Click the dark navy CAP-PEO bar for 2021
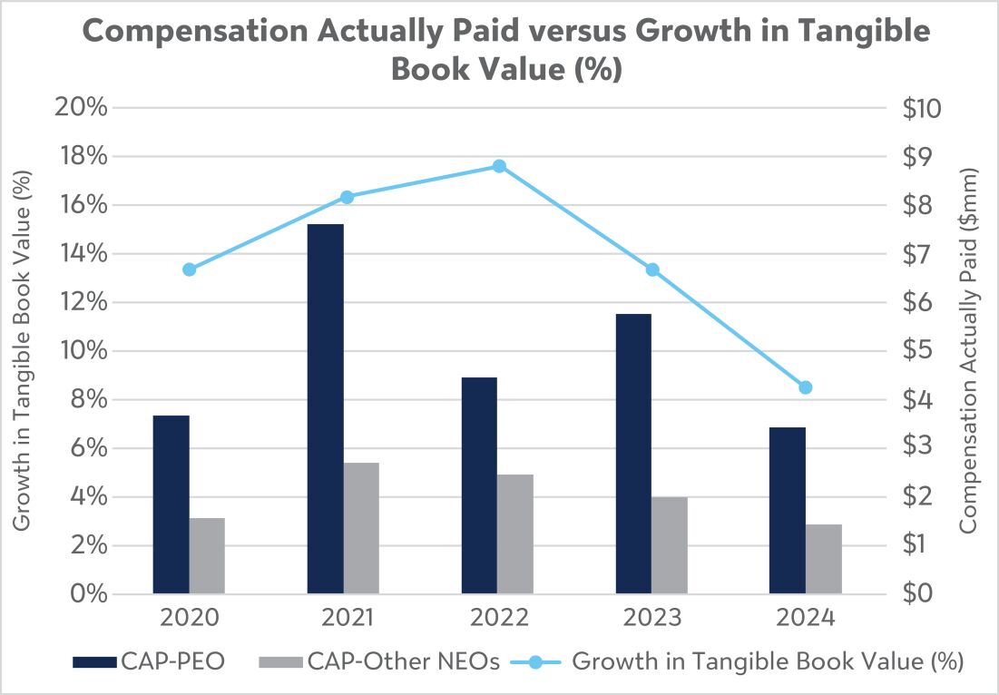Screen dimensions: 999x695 [x=325, y=409]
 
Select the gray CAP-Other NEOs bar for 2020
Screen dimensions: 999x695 [x=207, y=556]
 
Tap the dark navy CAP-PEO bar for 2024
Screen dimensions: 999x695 [x=788, y=511]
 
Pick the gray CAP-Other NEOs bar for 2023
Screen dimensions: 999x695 [x=670, y=545]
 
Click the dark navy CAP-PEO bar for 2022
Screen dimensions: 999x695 [x=479, y=485]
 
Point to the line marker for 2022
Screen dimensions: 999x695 [x=499, y=166]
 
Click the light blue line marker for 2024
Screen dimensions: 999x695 [x=806, y=387]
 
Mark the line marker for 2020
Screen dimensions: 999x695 [x=190, y=269]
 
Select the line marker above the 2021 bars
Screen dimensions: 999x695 [x=347, y=197]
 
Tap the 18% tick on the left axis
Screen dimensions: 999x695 [x=80, y=156]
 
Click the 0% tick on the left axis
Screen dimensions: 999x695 [x=89, y=593]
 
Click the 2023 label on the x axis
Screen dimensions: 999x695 [x=651, y=618]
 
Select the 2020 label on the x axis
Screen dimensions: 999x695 [x=190, y=618]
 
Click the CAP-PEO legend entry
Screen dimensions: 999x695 [x=149, y=661]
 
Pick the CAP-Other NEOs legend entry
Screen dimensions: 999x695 [x=379, y=661]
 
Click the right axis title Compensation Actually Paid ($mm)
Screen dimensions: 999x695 [x=968, y=350]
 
